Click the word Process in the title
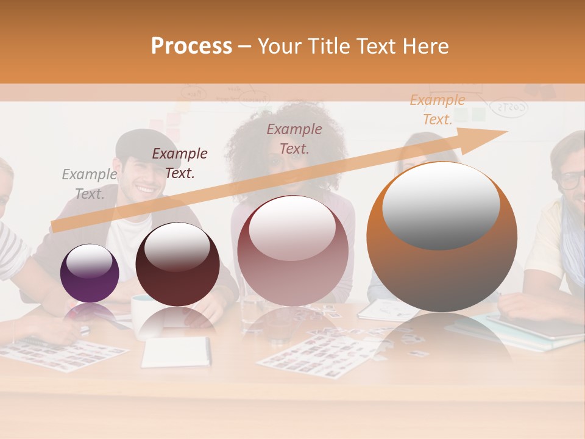coord(191,46)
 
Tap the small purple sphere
coord(90,273)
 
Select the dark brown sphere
coord(177,264)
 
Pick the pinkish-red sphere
coord(292,250)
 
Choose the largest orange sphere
coord(442,237)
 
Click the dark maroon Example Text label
coord(180,163)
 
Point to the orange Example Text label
coord(438,110)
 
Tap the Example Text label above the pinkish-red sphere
coord(294,138)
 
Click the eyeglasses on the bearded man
coord(573,180)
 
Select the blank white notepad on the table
coord(176,352)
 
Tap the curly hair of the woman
coord(280,131)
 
